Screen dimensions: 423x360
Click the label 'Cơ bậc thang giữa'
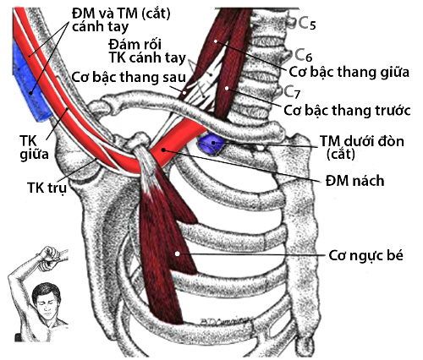(349, 72)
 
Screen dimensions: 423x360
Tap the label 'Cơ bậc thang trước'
(347, 110)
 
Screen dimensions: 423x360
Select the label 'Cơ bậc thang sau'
(129, 77)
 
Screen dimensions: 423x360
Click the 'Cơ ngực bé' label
(366, 256)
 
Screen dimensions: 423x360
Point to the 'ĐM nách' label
(354, 181)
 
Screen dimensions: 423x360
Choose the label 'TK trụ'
(47, 188)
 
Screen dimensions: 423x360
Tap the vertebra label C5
(306, 24)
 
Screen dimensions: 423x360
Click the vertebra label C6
(304, 55)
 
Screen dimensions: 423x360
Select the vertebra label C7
(292, 91)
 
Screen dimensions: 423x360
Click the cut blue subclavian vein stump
(211, 144)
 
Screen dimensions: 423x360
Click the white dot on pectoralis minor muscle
(177, 254)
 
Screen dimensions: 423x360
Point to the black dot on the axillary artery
(163, 150)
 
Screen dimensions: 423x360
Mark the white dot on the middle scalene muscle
(216, 41)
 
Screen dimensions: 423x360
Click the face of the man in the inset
(45, 303)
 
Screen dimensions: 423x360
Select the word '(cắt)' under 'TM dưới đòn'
(341, 154)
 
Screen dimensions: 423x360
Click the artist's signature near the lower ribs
(226, 320)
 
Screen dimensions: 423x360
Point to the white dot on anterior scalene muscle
(227, 88)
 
